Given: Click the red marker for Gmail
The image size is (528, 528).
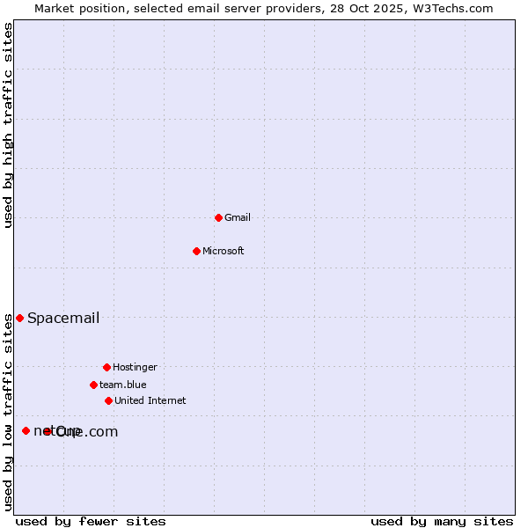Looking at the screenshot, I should pos(218,217).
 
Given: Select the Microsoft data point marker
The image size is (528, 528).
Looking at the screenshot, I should pos(196,251).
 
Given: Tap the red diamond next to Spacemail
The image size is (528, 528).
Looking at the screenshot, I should pos(19,318).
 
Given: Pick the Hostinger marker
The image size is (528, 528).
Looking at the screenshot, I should pos(106,367).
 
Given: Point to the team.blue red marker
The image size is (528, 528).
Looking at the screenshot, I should pos(93,385).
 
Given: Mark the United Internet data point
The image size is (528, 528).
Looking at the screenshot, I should pos(108,400).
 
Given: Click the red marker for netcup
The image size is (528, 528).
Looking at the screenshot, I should pos(26,430).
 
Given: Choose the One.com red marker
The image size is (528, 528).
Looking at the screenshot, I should pos(48,431).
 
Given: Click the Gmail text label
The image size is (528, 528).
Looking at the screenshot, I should pos(238,217).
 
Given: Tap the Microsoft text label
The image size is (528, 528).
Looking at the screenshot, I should pos(224,251).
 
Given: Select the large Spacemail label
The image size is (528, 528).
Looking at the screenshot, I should pos(63,318).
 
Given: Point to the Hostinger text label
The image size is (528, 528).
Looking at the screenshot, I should pos(135,367).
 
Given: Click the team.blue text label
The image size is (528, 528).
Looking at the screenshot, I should pos(123,385).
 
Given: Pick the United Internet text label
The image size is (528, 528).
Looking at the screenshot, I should pos(150,400).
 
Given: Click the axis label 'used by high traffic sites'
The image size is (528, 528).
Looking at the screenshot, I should pos(8,125).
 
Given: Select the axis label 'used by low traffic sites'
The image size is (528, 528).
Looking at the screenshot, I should pos(8,412).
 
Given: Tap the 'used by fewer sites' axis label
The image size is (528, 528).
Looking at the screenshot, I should pos(91,521).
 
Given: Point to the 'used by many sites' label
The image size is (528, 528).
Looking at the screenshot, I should pos(442,521).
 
